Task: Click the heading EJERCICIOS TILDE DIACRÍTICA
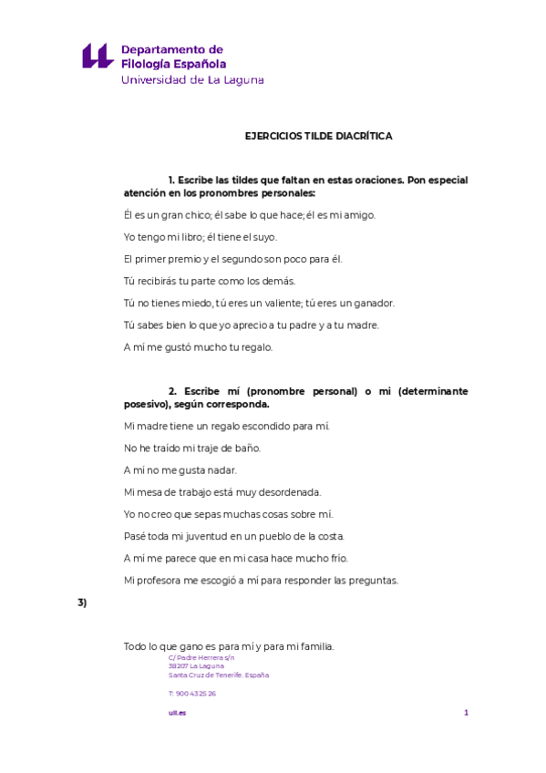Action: [318, 135]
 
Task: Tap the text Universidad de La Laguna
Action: [192, 79]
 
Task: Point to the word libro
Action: [199, 237]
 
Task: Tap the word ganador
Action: [373, 303]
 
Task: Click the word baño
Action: [247, 448]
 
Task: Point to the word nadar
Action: [221, 469]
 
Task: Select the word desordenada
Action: [283, 491]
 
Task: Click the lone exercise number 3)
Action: [82, 603]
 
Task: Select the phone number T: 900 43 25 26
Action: [192, 694]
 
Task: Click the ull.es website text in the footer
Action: [177, 713]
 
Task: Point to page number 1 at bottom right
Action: [466, 713]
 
